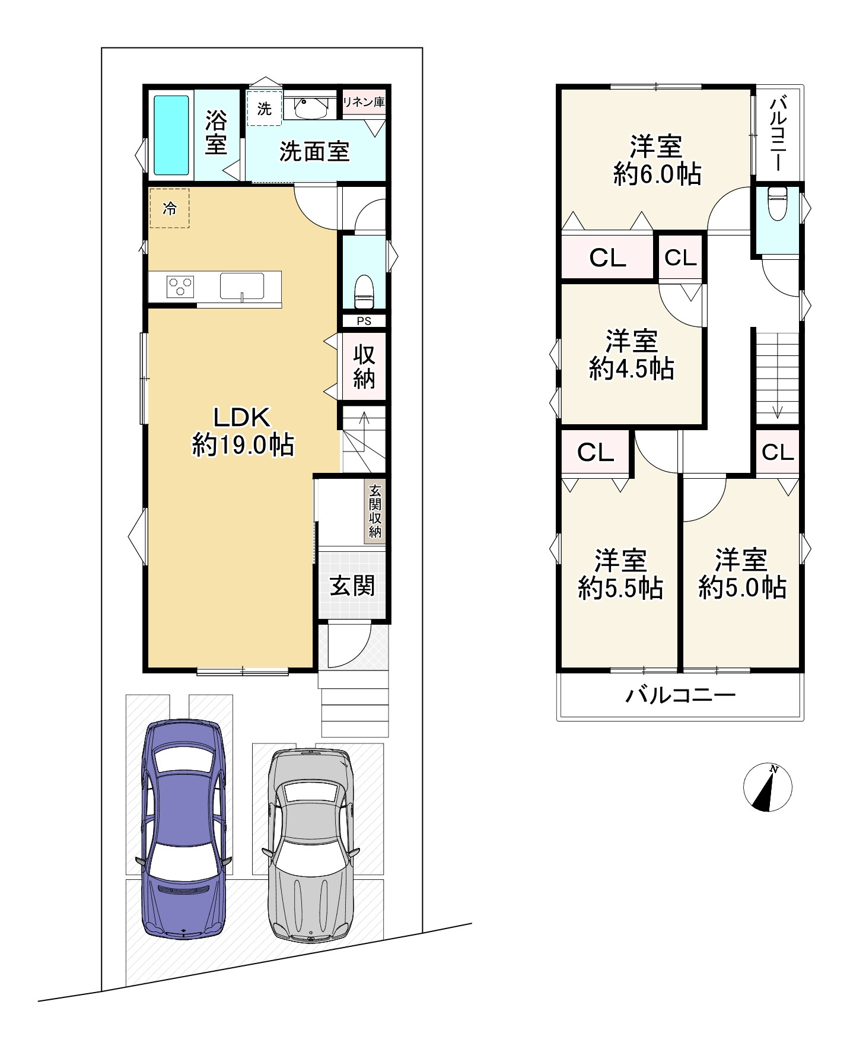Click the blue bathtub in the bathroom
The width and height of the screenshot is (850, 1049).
pyautogui.click(x=171, y=136)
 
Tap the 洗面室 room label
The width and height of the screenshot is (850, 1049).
pyautogui.click(x=314, y=152)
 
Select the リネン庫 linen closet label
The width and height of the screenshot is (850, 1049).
pyautogui.click(x=364, y=102)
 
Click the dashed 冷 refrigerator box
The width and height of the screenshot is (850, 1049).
pyautogui.click(x=170, y=208)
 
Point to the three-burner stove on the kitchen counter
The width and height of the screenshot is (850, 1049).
pyautogui.click(x=181, y=287)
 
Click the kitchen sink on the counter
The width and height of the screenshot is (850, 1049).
pyautogui.click(x=242, y=286)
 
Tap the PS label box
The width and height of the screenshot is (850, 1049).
pyautogui.click(x=364, y=321)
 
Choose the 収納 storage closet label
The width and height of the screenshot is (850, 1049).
pyautogui.click(x=364, y=366)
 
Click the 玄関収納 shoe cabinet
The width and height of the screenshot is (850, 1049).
pyautogui.click(x=375, y=511)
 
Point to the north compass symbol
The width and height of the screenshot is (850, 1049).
pyautogui.click(x=768, y=787)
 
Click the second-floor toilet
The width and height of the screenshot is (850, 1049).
pyautogui.click(x=776, y=203)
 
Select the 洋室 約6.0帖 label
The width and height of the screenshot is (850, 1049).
pyautogui.click(x=657, y=160)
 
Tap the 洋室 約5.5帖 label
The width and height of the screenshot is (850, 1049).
pyautogui.click(x=621, y=574)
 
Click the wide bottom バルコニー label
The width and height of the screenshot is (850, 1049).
pyautogui.click(x=681, y=695)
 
